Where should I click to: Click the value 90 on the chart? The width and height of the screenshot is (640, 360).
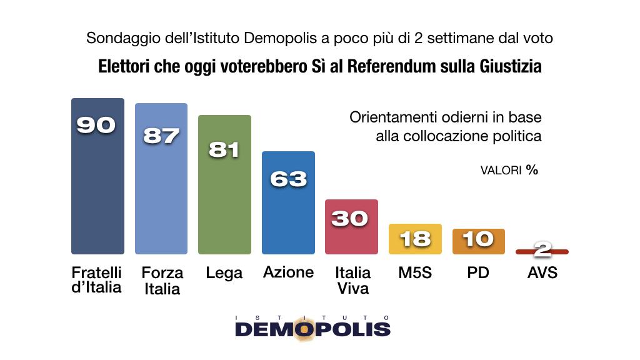96,125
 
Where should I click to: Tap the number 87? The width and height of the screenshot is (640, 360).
161,136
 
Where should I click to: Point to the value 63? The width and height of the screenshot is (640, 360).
288,179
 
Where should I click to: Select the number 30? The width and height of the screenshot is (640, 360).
351,218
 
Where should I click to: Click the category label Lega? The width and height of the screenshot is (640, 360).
224,273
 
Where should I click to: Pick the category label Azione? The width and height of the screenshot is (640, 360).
288,272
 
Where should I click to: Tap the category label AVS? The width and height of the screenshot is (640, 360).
542,273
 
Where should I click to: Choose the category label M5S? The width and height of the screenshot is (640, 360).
414,273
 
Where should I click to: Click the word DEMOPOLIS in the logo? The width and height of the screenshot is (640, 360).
312,329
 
